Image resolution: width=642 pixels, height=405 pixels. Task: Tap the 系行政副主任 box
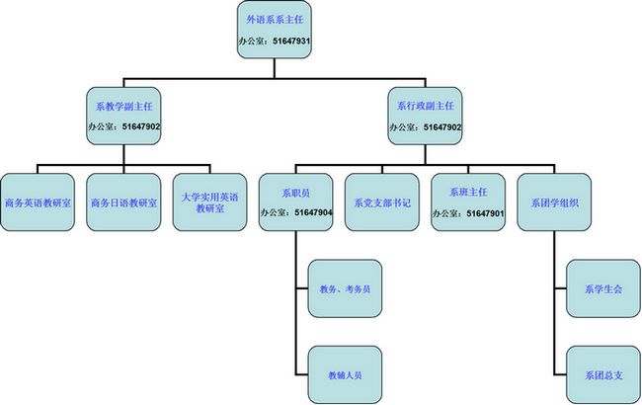coord(426,116)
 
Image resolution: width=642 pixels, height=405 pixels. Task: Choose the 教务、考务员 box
coord(344,288)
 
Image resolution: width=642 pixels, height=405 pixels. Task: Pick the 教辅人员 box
coord(344,374)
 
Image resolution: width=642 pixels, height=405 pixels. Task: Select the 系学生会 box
coord(603,288)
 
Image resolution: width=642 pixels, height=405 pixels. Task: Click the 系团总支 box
coord(603,374)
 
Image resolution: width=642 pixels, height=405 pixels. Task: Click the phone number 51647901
coord(486,213)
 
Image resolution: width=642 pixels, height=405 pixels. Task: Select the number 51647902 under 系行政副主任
coord(443,127)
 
